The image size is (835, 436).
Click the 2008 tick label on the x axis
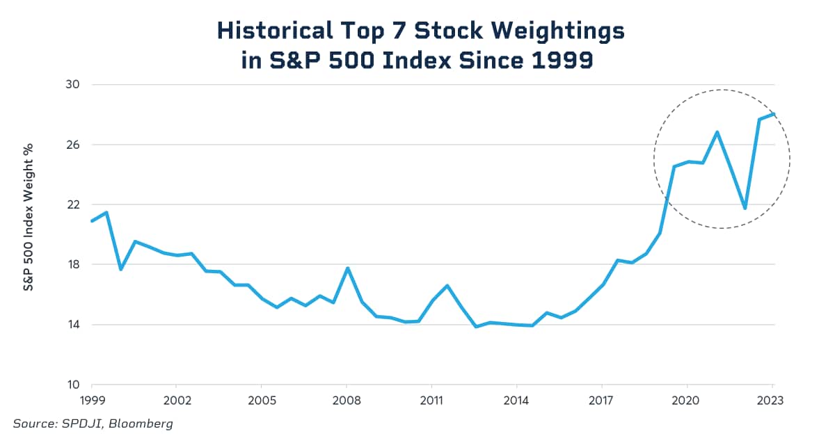(347, 401)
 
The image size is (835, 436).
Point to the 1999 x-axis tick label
(91, 401)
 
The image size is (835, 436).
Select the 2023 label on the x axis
(772, 401)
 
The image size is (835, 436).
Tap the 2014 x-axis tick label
(516, 401)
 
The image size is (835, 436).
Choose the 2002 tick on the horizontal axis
(177, 401)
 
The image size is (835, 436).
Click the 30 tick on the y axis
(73, 85)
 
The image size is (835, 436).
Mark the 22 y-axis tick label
(73, 204)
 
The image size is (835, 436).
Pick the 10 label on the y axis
(73, 385)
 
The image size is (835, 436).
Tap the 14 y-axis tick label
(73, 325)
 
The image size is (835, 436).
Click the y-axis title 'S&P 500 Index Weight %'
(29, 217)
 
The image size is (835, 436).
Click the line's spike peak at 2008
(347, 268)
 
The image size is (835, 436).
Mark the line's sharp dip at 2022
(745, 208)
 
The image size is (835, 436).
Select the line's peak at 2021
(717, 132)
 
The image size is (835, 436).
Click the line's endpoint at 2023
(774, 114)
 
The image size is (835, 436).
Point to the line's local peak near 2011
(447, 285)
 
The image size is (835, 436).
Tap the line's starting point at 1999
(91, 221)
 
